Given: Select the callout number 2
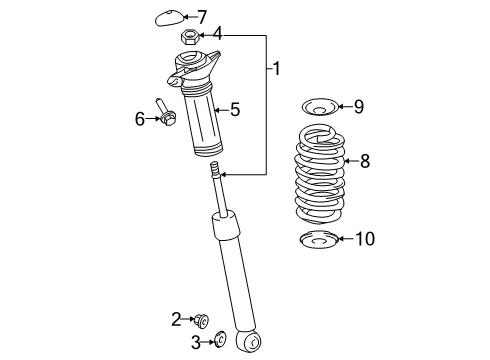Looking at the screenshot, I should (175, 319).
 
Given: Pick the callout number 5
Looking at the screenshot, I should (236, 109).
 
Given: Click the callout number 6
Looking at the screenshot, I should (140, 119).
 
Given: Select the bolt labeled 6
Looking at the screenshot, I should (166, 112).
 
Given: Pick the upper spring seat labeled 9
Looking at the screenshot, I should (321, 106).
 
